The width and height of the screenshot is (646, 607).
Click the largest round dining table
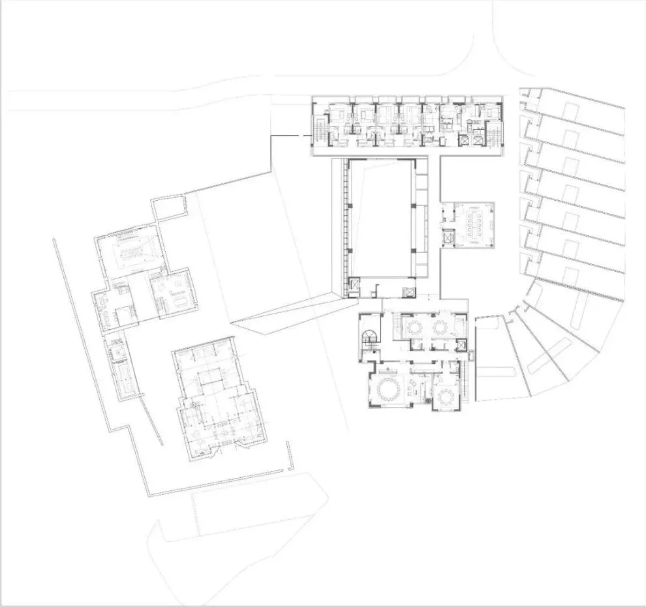[x=390, y=390]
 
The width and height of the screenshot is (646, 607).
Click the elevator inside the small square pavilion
[x=448, y=238]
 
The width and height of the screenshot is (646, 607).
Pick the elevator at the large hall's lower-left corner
[x=354, y=284]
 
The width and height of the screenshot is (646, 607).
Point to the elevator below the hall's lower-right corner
[x=408, y=291]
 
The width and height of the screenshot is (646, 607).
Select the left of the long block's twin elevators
[x=465, y=139]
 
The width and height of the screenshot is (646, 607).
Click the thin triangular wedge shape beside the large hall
[x=287, y=313]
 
